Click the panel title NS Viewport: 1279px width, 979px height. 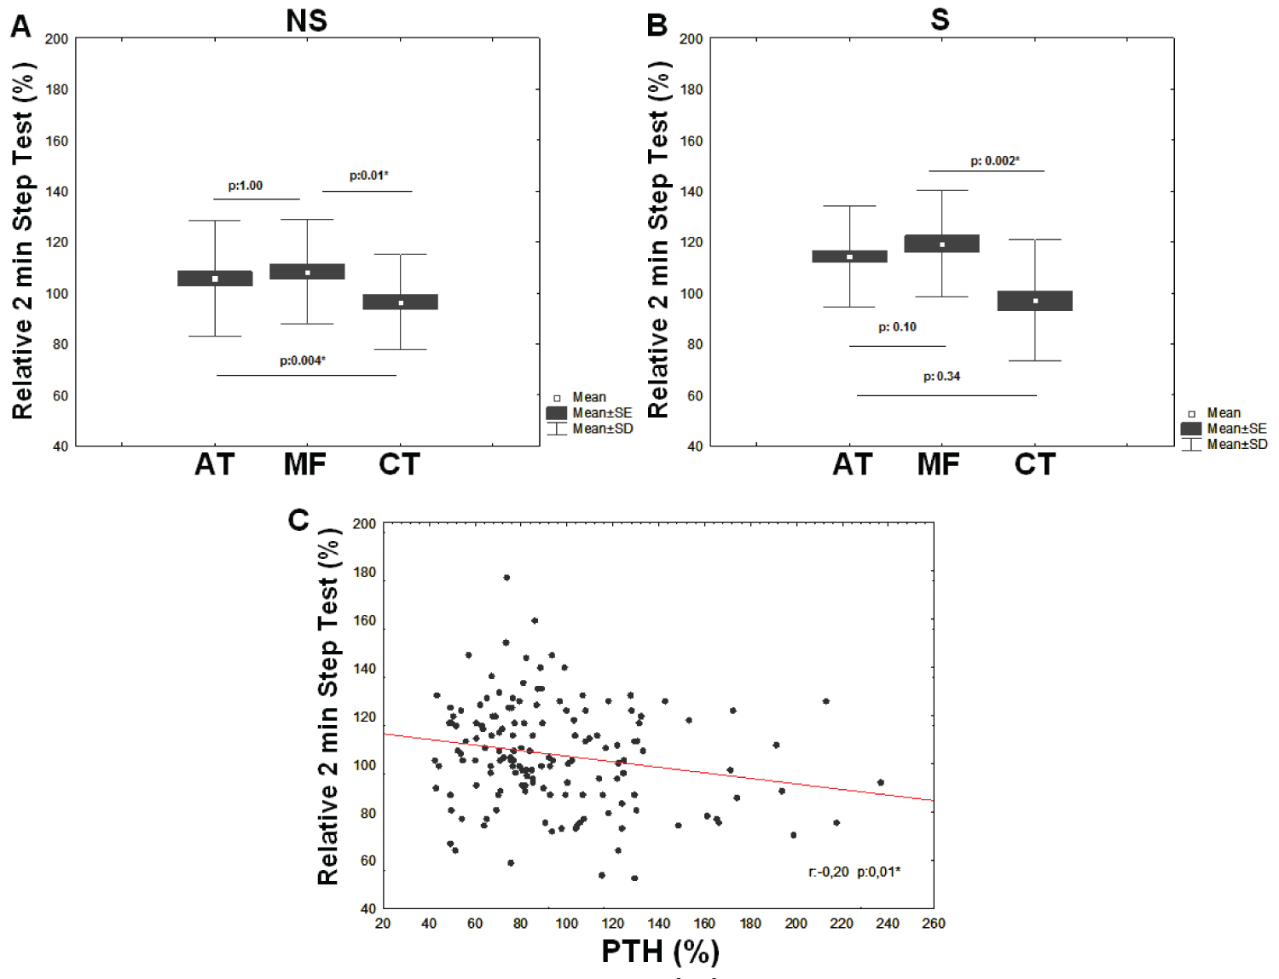pyautogui.click(x=306, y=20)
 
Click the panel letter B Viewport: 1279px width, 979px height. pyautogui.click(x=657, y=26)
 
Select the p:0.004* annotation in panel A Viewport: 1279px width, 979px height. pyautogui.click(x=303, y=360)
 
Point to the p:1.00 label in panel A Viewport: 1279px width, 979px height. pyautogui.click(x=246, y=186)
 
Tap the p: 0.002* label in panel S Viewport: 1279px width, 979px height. pyautogui.click(x=995, y=161)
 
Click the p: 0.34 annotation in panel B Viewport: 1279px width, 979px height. pyautogui.click(x=942, y=377)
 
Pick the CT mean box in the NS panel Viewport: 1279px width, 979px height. pyautogui.click(x=401, y=302)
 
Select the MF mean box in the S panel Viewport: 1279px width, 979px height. pyautogui.click(x=942, y=244)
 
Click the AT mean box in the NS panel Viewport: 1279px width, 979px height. pyautogui.click(x=215, y=279)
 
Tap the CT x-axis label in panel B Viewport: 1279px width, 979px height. pyautogui.click(x=1035, y=464)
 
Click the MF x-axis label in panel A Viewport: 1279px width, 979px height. pyautogui.click(x=305, y=464)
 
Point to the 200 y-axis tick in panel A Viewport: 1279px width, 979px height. pyautogui.click(x=57, y=39)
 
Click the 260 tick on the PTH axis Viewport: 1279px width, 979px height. pyautogui.click(x=934, y=924)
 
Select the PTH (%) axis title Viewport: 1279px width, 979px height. pyautogui.click(x=660, y=951)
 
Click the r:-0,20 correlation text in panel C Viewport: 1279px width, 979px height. pyautogui.click(x=829, y=872)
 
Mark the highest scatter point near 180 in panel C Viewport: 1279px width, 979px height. pyautogui.click(x=506, y=578)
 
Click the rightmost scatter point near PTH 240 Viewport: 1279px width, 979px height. pyautogui.click(x=881, y=782)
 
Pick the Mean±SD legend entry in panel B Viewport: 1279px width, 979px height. pyautogui.click(x=1236, y=445)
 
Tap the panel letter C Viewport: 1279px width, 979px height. pyautogui.click(x=298, y=520)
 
